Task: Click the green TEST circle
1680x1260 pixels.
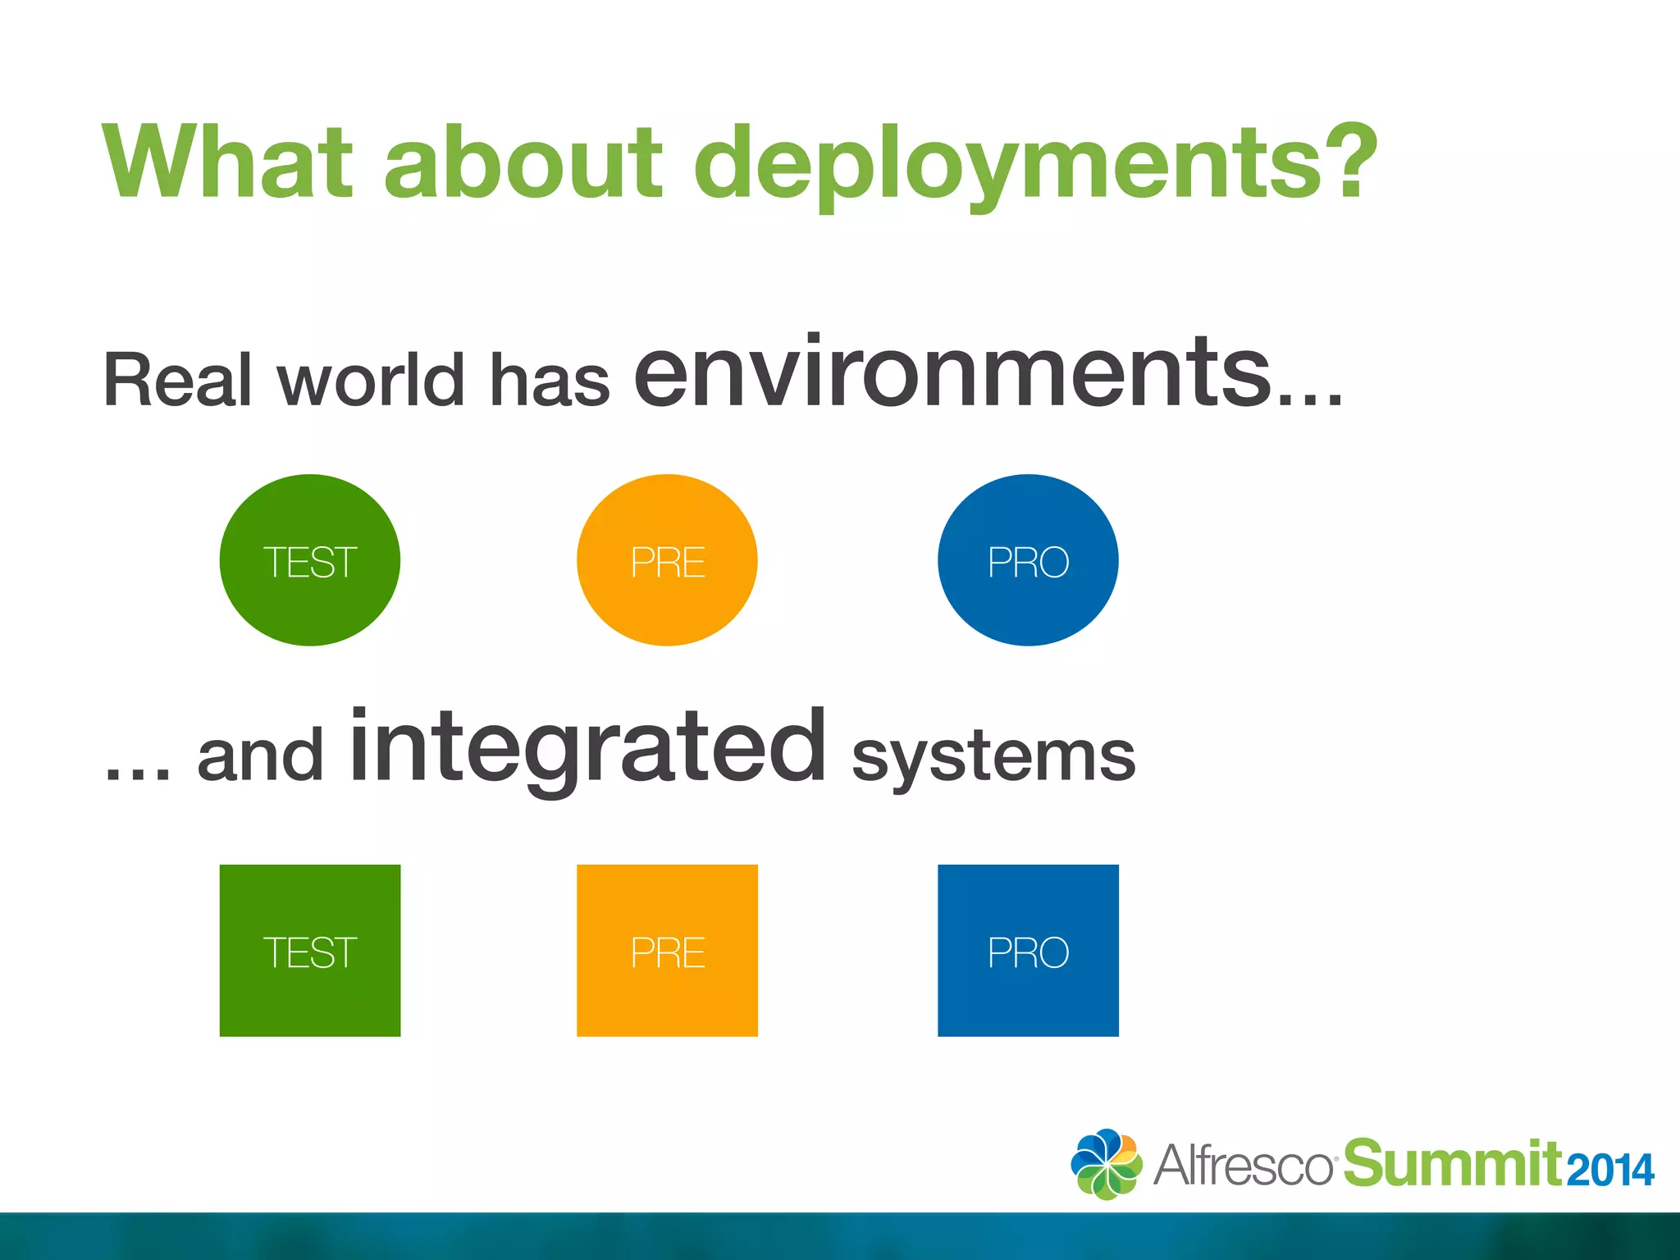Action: tap(310, 560)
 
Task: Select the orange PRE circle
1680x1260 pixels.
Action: tap(667, 560)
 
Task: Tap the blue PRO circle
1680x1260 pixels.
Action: tap(1028, 560)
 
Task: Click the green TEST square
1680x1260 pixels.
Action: tap(310, 951)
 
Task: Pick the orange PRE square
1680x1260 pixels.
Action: tap(667, 951)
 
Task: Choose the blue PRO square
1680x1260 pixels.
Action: tap(1028, 951)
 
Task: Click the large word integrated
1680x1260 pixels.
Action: tap(587, 748)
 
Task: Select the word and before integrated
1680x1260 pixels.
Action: tap(260, 757)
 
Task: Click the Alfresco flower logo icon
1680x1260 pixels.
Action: tap(1106, 1164)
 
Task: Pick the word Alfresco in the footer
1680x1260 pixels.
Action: tap(1244, 1165)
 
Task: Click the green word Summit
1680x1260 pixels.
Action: tap(1452, 1163)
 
